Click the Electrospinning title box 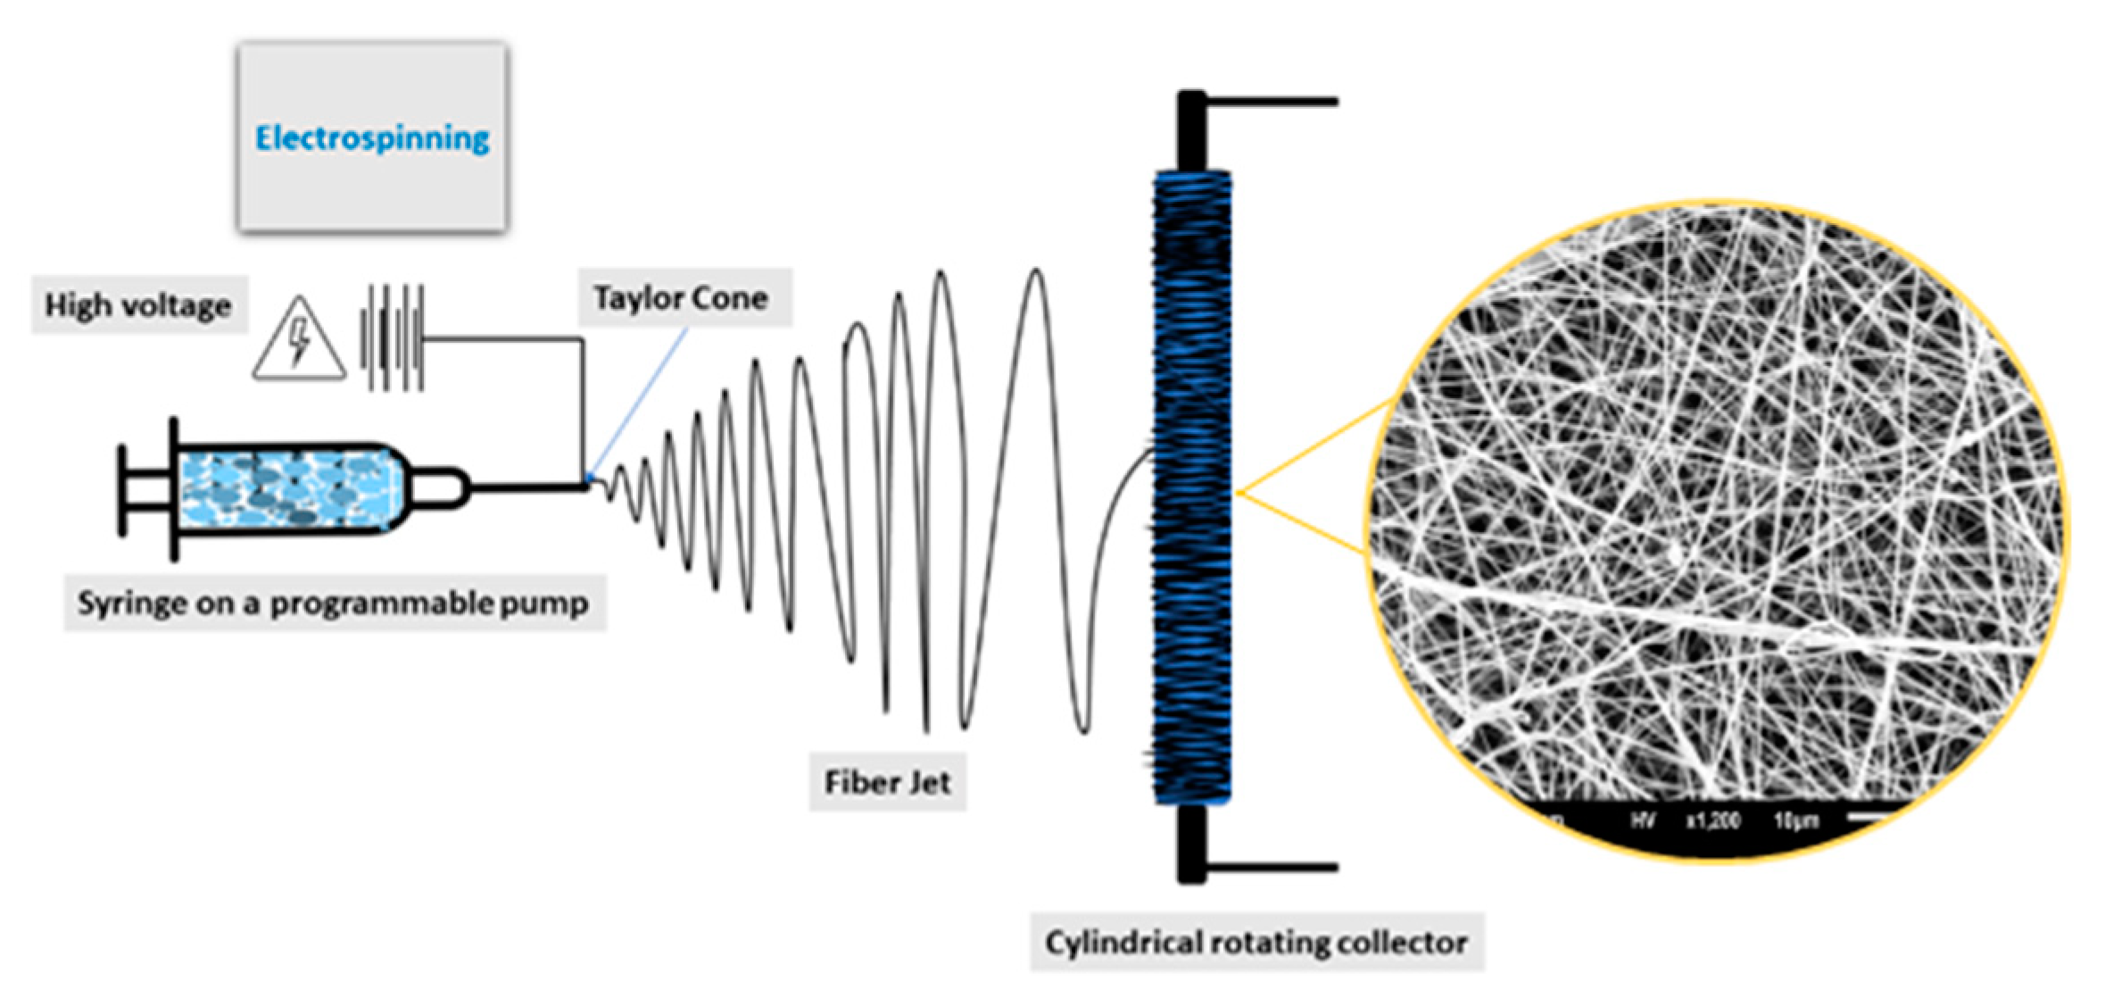372,137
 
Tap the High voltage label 138,305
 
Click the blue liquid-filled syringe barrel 286,489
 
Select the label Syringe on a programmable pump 333,603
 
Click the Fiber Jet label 887,783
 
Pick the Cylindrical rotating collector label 1256,943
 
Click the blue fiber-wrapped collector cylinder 1192,487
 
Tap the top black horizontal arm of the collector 1272,102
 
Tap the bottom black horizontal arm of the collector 1272,866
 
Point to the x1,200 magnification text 1712,820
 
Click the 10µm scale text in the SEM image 1796,820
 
